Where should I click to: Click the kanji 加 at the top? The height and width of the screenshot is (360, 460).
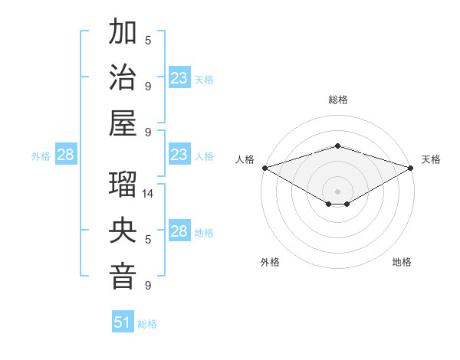(123, 34)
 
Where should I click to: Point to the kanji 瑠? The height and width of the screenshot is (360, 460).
(123, 186)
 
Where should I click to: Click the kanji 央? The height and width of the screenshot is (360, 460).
(123, 231)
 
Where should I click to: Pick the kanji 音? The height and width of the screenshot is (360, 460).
(123, 277)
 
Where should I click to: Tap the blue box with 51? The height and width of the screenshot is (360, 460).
(123, 322)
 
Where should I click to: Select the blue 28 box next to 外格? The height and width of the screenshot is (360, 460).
(65, 155)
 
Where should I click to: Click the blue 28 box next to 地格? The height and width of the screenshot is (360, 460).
(179, 231)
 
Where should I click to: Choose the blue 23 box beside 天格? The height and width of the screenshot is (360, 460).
(179, 78)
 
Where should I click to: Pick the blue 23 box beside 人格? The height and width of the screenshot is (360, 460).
(179, 155)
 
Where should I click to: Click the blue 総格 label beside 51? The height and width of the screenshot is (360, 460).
(147, 324)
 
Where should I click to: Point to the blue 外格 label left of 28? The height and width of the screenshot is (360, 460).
(41, 156)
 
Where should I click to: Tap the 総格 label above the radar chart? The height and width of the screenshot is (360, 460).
(338, 100)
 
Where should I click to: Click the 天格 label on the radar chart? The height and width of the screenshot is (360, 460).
(431, 159)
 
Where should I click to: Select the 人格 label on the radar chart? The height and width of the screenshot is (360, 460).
(245, 159)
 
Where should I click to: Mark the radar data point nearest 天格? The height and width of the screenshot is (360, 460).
(412, 168)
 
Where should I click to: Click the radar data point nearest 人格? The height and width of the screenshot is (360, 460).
(264, 168)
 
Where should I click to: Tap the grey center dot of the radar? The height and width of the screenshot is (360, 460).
(338, 191)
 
